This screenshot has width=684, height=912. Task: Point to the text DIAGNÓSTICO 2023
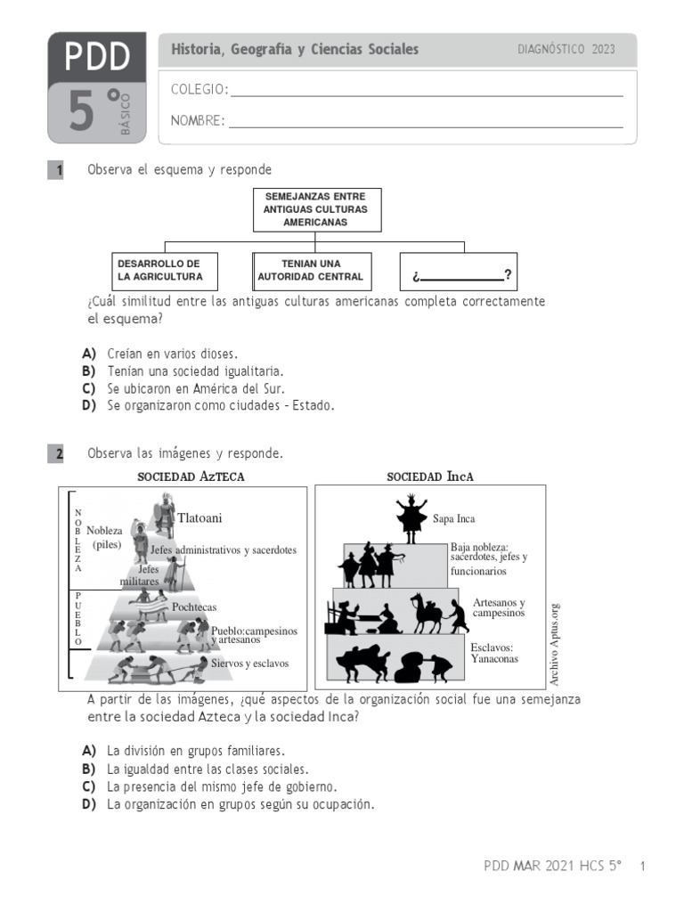click(x=566, y=50)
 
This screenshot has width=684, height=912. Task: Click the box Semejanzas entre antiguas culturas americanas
click(x=315, y=209)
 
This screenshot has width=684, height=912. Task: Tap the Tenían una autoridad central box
click(x=311, y=270)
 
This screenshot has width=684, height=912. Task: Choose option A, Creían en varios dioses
click(x=172, y=354)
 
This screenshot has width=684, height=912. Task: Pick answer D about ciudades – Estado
click(x=220, y=405)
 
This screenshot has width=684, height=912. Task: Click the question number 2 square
click(x=56, y=454)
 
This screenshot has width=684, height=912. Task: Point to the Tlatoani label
click(x=199, y=518)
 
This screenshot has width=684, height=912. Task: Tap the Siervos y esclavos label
click(x=249, y=664)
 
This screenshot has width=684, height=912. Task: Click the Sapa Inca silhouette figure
click(x=411, y=517)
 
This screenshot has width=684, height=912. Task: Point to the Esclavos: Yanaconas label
click(x=494, y=654)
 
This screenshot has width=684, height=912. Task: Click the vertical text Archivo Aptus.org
click(x=554, y=643)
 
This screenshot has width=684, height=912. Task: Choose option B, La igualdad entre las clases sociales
click(x=208, y=769)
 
